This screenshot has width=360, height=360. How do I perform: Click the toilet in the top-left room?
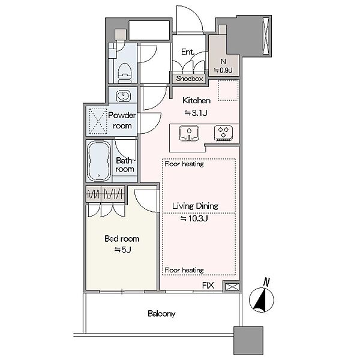(x=124, y=73)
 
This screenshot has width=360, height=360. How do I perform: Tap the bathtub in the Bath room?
(x=99, y=161)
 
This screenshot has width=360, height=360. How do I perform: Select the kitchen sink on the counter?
(x=189, y=133)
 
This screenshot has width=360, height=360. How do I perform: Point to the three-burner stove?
(x=223, y=133)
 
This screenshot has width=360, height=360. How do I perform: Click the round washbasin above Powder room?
(x=124, y=96)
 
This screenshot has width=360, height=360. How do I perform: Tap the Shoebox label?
(x=190, y=79)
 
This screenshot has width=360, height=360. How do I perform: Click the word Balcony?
(x=161, y=313)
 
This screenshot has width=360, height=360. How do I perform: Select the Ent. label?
(x=188, y=52)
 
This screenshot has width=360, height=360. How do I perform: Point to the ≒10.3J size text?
(x=194, y=218)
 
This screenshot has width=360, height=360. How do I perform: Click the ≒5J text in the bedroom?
(x=122, y=250)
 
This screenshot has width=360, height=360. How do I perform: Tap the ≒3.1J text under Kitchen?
(x=196, y=113)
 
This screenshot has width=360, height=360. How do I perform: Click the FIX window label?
(x=208, y=286)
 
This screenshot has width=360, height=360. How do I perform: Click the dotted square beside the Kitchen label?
(x=228, y=90)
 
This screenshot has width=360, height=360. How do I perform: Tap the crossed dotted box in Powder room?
(x=98, y=121)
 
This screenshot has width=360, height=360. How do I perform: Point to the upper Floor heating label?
(x=184, y=164)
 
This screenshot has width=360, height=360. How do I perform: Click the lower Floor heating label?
(x=184, y=270)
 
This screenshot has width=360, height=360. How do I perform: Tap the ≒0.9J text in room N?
(x=223, y=70)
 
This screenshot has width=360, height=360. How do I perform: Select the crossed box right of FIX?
(x=232, y=287)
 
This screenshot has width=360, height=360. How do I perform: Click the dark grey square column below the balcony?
(x=248, y=341)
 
